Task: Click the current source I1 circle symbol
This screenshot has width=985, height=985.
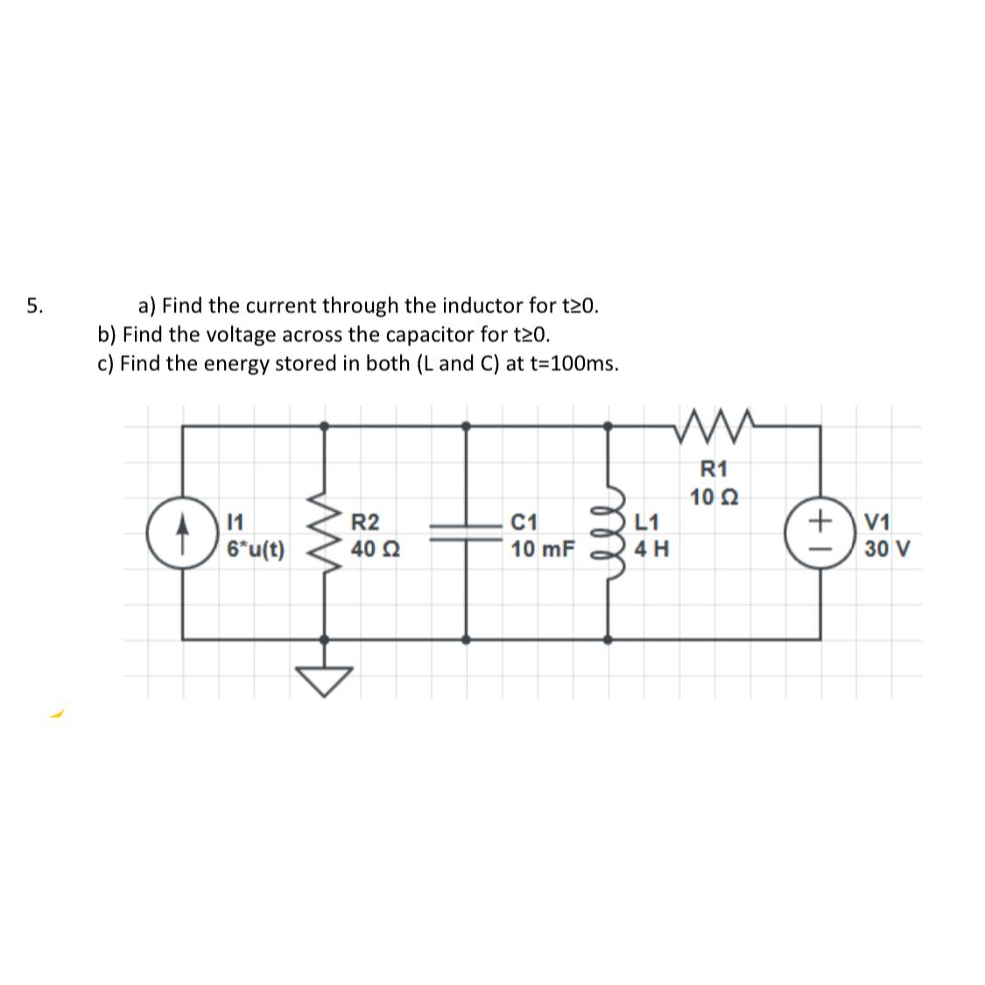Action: [182, 534]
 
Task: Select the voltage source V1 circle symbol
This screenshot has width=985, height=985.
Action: [820, 534]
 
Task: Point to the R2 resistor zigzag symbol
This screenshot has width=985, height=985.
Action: [325, 534]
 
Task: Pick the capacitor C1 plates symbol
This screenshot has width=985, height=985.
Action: [465, 534]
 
